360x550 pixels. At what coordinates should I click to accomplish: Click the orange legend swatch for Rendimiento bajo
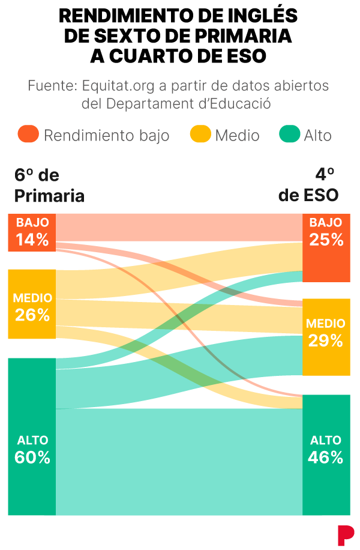click(28, 134)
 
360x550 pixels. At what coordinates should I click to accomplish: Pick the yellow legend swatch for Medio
click(200, 134)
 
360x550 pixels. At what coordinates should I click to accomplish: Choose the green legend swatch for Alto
click(290, 134)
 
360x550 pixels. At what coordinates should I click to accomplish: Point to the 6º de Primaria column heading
click(49, 186)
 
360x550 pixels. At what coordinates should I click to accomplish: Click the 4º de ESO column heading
click(308, 186)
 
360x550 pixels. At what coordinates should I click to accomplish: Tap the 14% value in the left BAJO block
click(32, 240)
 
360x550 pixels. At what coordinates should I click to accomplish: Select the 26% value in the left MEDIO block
click(32, 315)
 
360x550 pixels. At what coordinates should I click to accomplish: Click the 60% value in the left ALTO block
click(32, 458)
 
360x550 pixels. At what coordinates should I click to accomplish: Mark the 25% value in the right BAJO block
click(326, 240)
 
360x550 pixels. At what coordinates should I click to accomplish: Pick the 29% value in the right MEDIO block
click(326, 341)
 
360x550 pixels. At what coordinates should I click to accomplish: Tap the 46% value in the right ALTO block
click(326, 458)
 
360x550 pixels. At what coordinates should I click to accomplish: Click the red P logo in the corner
click(345, 534)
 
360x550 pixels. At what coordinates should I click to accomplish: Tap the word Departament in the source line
click(149, 103)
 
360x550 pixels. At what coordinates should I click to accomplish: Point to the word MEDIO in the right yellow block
click(326, 324)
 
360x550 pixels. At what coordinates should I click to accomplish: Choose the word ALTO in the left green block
click(32, 440)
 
